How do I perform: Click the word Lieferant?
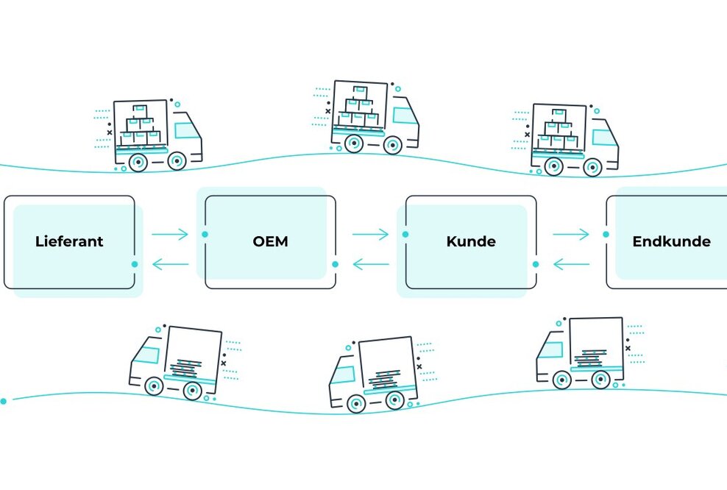tap(69, 241)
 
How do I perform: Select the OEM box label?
tap(269, 241)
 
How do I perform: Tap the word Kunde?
tap(470, 241)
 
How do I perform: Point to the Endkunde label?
tap(671, 241)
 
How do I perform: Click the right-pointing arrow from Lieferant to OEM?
tap(170, 235)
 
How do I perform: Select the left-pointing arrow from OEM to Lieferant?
tap(170, 264)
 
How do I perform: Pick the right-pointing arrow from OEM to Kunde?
tap(370, 235)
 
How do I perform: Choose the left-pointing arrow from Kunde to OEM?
tap(370, 264)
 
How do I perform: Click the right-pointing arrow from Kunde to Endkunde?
tap(571, 235)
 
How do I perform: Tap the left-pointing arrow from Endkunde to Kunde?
tap(571, 264)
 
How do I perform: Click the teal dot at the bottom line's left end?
tap(4, 401)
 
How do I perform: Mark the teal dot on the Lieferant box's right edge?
tap(135, 263)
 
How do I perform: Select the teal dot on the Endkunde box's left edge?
tap(606, 235)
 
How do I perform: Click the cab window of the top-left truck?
tap(187, 131)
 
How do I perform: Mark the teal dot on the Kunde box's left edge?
tap(405, 235)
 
